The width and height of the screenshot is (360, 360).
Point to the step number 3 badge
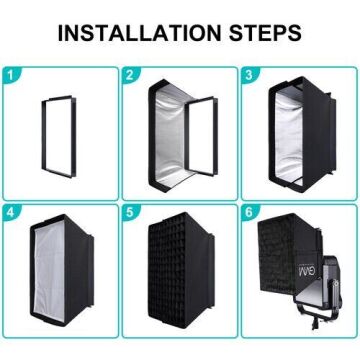click(x=247, y=74)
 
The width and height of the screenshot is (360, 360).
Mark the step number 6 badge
click(x=247, y=212)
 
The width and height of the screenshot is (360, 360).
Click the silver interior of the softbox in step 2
click(x=165, y=130)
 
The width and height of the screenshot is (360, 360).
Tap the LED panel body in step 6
click(x=300, y=300)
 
